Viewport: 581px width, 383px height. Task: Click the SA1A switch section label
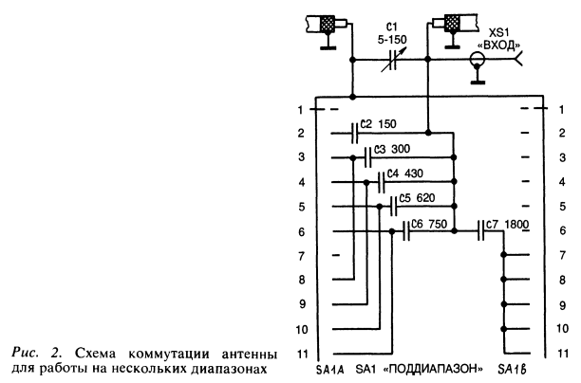click(x=328, y=367)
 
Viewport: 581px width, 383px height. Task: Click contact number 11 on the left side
click(x=300, y=353)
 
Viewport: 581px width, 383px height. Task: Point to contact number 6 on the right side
click(x=561, y=230)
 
